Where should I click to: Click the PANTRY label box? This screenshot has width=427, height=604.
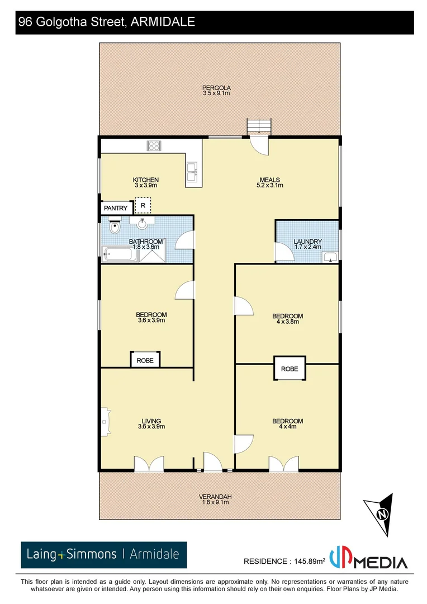pyautogui.click(x=116, y=208)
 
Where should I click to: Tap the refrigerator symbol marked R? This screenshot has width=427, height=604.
pyautogui.click(x=143, y=206)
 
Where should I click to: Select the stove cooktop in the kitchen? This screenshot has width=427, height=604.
pyautogui.click(x=154, y=146)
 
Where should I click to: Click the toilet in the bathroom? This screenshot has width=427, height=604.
pyautogui.click(x=115, y=228)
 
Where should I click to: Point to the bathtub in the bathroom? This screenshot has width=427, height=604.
pyautogui.click(x=118, y=256)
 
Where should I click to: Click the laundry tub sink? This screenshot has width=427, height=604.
pyautogui.click(x=330, y=257)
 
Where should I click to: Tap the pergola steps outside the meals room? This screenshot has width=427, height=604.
pyautogui.click(x=259, y=127)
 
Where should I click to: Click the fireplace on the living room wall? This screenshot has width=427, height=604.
pyautogui.click(x=105, y=420)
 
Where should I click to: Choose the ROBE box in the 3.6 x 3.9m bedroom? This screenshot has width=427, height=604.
pyautogui.click(x=145, y=361)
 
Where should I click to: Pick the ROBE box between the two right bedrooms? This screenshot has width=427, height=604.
pyautogui.click(x=290, y=369)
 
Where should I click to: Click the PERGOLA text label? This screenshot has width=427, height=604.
pyautogui.click(x=217, y=88)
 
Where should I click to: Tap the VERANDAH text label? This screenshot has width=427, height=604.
pyautogui.click(x=215, y=497)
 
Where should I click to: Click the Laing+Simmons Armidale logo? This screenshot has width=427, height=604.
pyautogui.click(x=104, y=555)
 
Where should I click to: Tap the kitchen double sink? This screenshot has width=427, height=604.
pyautogui.click(x=193, y=172)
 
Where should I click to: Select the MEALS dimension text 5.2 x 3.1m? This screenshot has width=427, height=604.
pyautogui.click(x=270, y=185)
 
